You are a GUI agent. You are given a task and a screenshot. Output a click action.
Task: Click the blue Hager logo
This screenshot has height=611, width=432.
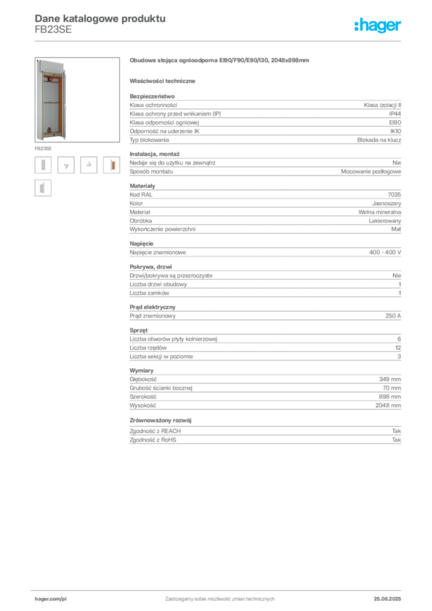pos(378,26)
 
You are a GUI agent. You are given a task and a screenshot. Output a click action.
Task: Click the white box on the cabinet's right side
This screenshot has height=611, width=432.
pos(69,104)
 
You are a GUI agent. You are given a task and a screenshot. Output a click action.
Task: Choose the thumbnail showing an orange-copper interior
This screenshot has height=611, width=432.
pos(113,165)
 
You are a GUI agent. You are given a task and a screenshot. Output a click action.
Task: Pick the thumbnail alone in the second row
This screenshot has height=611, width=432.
pos(42,188)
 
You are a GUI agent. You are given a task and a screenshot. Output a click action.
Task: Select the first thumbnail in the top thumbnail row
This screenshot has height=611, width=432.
pos(42,165)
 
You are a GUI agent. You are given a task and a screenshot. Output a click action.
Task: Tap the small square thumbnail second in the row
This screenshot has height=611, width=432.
pos(67,166)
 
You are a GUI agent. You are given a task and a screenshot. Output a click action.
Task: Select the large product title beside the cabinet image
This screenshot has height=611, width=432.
pos(219,61)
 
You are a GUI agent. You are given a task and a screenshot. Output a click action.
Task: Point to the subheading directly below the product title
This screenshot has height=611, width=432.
pos(164,81)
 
